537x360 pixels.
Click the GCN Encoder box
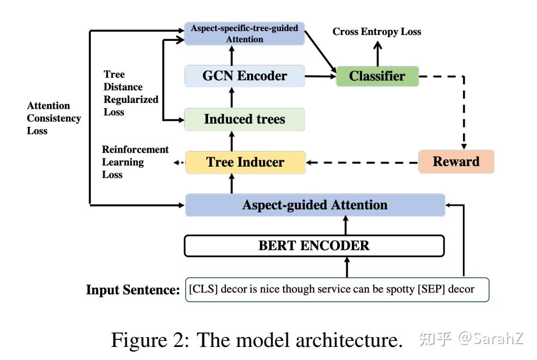tap(245, 76)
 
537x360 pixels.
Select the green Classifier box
tap(377, 76)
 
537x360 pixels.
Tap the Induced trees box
tap(245, 119)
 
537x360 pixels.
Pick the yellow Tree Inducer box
tap(245, 162)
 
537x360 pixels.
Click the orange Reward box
tap(456, 162)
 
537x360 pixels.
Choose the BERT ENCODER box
tap(314, 246)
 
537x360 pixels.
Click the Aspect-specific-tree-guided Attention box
tap(245, 34)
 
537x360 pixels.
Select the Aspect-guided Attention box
tap(315, 205)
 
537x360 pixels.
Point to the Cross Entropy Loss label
tap(377, 32)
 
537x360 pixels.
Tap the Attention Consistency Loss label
tap(54, 118)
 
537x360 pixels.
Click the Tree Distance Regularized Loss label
tap(131, 93)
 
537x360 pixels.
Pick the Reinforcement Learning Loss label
tap(135, 162)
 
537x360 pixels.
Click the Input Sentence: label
tap(133, 290)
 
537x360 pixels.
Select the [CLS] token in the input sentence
tap(204, 289)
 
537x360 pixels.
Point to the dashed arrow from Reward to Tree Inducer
tap(362, 162)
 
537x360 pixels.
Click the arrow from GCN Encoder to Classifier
tap(321, 76)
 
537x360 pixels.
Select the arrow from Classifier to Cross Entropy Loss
tap(378, 54)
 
